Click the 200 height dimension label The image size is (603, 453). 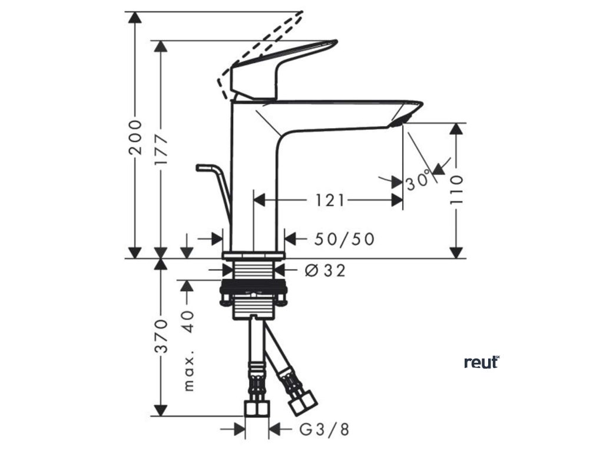coord(136,136)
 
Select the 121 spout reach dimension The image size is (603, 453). coord(328,201)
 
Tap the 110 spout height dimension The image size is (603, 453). coord(457,189)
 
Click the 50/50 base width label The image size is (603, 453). coord(344,238)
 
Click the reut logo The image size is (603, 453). coord(482,362)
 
